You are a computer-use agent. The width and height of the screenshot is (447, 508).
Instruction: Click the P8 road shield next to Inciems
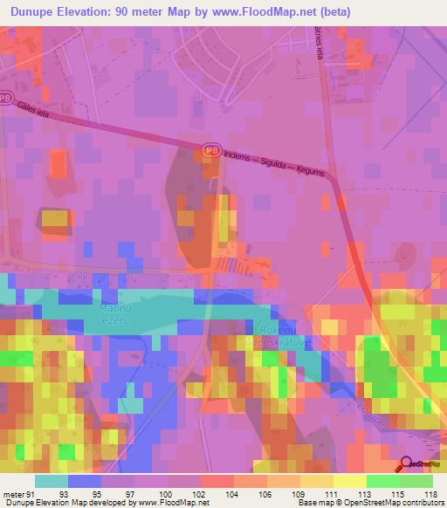click(210, 151)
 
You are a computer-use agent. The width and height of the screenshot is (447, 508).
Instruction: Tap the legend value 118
click(430, 493)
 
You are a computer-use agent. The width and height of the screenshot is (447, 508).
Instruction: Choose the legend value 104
click(231, 493)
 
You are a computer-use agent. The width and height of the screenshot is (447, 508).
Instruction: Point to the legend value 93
click(62, 493)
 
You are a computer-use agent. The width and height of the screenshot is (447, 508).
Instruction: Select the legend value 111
click(330, 493)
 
